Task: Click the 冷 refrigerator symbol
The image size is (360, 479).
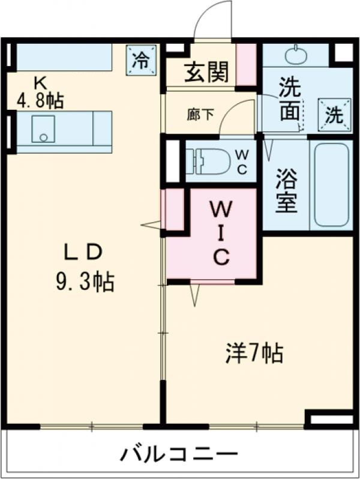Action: pyautogui.click(x=140, y=60)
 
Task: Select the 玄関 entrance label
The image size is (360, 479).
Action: pyautogui.click(x=206, y=73)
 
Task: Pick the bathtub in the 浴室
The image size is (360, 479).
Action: pyautogui.click(x=331, y=184)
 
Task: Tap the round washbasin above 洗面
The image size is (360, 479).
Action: pyautogui.click(x=295, y=56)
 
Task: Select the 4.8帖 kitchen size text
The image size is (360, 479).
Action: pyautogui.click(x=40, y=100)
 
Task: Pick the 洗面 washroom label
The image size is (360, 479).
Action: pyautogui.click(x=289, y=98)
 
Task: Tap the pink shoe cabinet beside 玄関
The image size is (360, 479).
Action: pyautogui.click(x=246, y=65)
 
